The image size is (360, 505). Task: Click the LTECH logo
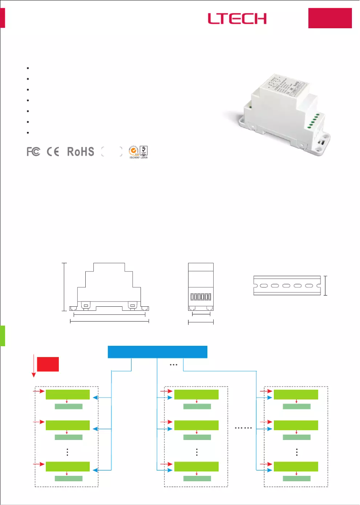237,18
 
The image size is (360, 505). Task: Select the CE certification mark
53,152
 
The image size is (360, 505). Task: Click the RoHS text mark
81,152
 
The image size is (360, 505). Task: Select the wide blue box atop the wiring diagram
158,352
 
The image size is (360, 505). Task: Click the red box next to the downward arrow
48,364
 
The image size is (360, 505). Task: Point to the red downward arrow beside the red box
33,366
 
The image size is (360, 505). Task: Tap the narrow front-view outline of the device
201,287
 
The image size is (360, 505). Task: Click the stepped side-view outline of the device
109,287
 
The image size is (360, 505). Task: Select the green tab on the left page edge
3,336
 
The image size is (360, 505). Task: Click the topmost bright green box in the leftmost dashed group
68,394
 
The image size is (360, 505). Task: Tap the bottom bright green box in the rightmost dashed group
296,467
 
